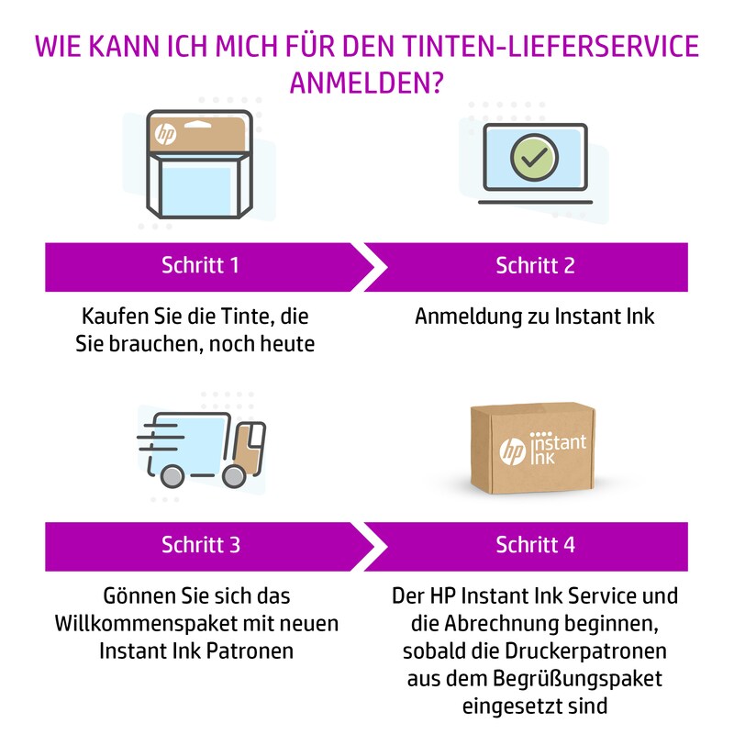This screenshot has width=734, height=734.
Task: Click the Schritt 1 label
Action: (200, 266)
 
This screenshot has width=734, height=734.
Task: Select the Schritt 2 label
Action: (536, 266)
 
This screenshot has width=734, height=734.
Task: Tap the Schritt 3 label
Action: (200, 544)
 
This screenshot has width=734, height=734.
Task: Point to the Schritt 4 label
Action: (536, 544)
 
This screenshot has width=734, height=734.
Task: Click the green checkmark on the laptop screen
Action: (533, 158)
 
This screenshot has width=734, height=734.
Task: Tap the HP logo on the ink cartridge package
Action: (166, 134)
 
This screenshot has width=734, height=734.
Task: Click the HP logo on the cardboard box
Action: (510, 452)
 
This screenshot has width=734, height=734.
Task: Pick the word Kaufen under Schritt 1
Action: (111, 317)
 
